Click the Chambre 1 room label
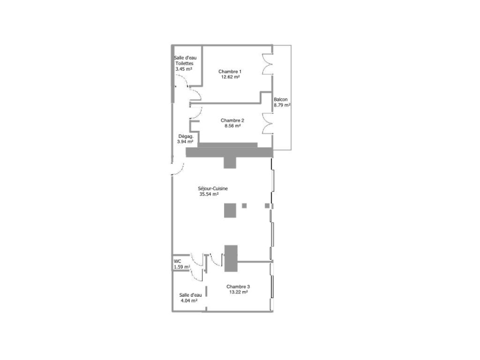pos(230,72)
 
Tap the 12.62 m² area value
pos(230,77)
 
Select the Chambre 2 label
pos(232,120)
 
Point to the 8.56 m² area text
pos(232,126)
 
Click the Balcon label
pos(280,100)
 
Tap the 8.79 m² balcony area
pos(282,105)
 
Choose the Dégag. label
pos(186,136)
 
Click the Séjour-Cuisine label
pos(213,188)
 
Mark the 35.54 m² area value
pos(209,194)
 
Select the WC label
pos(177,262)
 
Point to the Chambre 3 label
pos(238,287)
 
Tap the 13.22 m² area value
pos(238,292)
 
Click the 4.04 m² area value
pos(189,301)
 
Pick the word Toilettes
pos(184,63)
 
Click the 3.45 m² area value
pos(183,69)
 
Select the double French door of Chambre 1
pos(267,64)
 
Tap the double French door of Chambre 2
pos(267,123)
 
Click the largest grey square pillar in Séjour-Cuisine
pos(230,210)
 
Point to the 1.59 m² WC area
pos(182,267)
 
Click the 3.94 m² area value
pos(185,142)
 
